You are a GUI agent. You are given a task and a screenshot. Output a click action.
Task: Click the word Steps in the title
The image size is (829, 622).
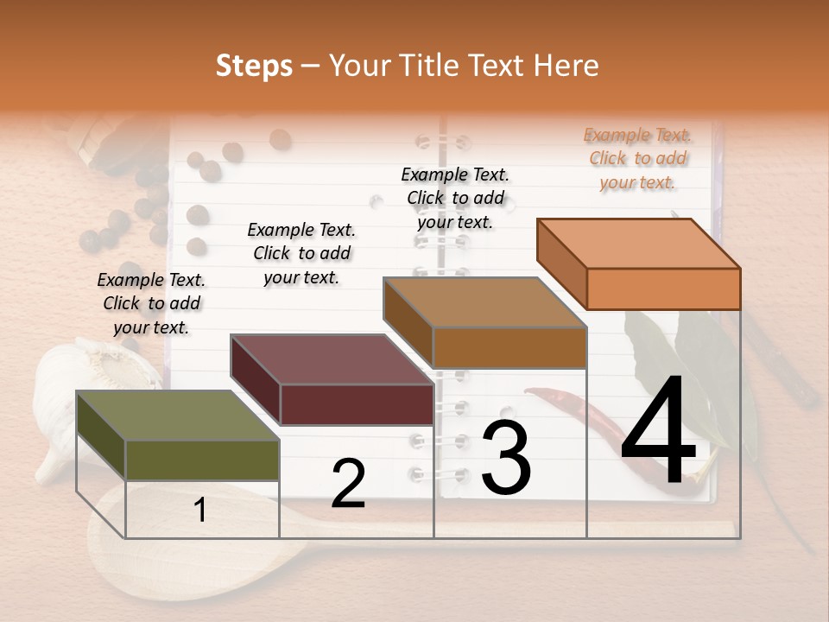point(254,66)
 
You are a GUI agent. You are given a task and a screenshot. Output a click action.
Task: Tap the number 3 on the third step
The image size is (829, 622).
point(505,458)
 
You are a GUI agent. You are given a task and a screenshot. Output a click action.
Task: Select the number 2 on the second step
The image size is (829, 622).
point(348,484)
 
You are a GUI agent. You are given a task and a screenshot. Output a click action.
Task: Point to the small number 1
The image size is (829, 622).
point(200,510)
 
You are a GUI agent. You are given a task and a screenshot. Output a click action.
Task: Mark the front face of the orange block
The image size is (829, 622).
point(663,289)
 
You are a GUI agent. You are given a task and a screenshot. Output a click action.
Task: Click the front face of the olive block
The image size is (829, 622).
point(202,460)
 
